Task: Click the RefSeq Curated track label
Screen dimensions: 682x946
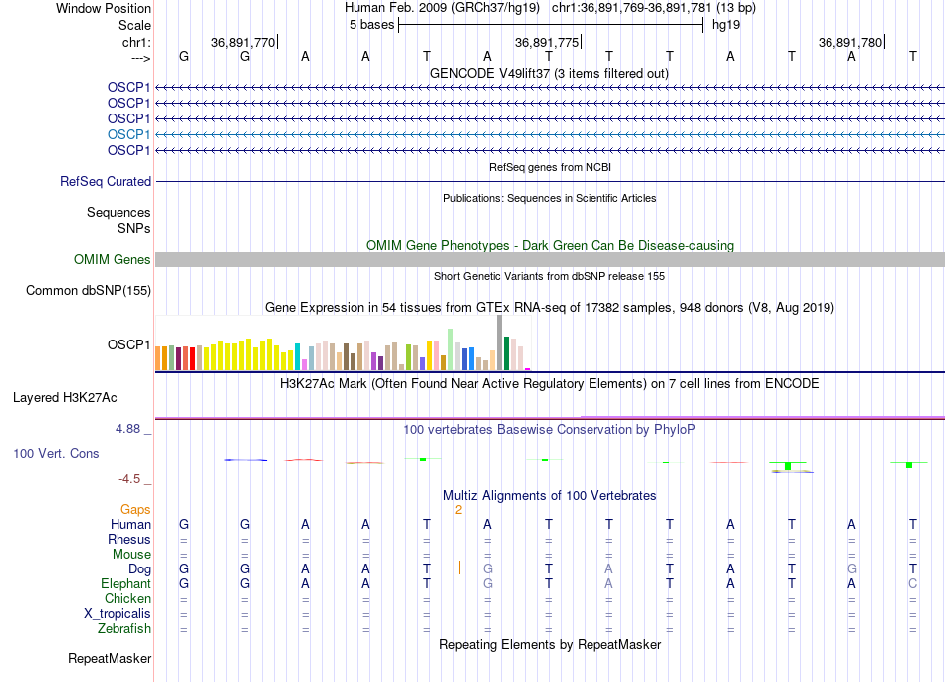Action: point(106,182)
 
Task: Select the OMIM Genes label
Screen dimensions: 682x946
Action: point(113,260)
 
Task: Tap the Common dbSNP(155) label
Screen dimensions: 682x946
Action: point(89,291)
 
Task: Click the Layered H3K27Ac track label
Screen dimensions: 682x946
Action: point(65,398)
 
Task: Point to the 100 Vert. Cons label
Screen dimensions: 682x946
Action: point(56,454)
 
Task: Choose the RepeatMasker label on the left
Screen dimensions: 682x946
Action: point(110,659)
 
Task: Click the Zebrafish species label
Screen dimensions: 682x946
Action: point(124,629)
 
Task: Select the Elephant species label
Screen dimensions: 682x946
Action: point(125,584)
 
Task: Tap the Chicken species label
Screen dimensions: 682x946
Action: point(127,599)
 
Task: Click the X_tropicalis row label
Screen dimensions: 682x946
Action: point(118,614)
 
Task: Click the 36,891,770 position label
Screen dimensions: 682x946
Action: point(242,43)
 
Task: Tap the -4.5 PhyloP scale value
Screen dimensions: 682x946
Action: point(131,479)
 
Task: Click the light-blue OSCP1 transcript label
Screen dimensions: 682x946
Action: point(129,134)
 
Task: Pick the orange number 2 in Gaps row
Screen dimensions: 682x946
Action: point(458,510)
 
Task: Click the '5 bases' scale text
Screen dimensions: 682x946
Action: point(371,25)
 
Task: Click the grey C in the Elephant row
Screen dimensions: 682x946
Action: point(912,584)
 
